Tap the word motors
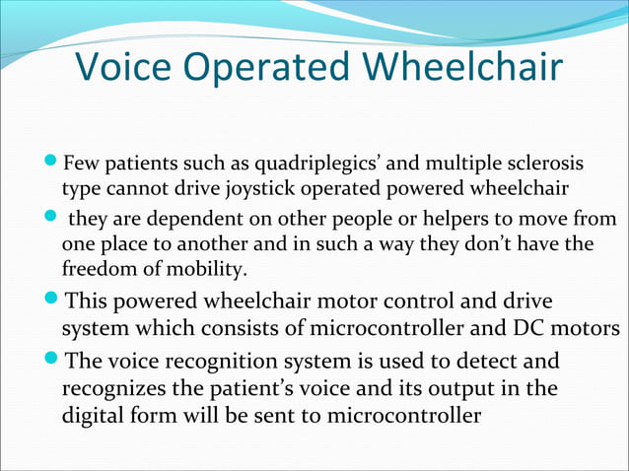coord(588,327)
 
